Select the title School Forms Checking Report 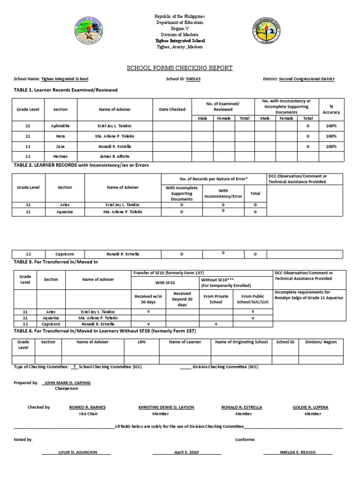(x=180, y=68)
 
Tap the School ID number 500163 (x=193, y=79)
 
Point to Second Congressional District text (x=307, y=79)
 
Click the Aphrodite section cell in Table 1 (x=60, y=126)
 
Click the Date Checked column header (x=172, y=109)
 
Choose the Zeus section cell (x=60, y=146)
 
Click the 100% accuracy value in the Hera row (x=331, y=136)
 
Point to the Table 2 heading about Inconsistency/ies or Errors (x=82, y=165)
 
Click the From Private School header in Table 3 (x=216, y=299)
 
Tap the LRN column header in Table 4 (x=141, y=342)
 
